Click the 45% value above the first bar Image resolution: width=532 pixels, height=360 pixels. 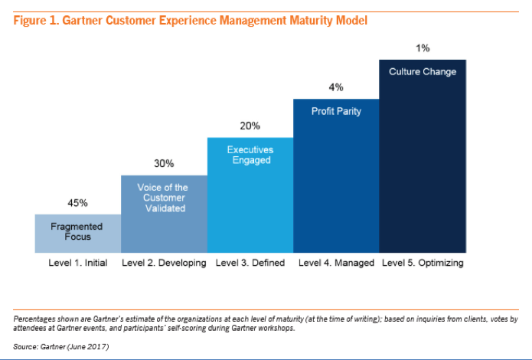[77, 203]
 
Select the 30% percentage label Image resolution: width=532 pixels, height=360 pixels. [164, 164]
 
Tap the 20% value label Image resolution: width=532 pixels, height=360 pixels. [250, 126]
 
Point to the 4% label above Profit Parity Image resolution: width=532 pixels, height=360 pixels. [336, 87]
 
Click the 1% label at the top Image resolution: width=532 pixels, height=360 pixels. [423, 48]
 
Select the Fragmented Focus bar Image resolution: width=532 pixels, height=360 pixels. [77, 233]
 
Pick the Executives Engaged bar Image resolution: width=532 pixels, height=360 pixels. [250, 195]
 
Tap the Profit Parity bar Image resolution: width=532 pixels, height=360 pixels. [336, 176]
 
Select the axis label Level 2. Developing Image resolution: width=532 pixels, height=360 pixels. [164, 263]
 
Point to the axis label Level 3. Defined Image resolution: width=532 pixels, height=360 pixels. [250, 263]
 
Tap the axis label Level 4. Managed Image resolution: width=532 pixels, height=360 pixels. [336, 263]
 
